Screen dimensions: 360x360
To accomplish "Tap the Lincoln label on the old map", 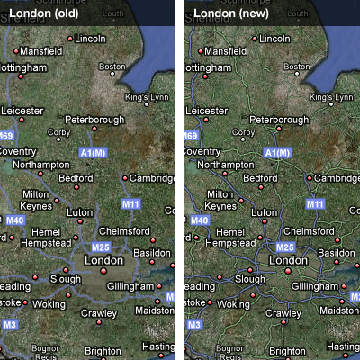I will click(90, 39).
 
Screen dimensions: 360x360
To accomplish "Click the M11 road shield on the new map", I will click(315, 204).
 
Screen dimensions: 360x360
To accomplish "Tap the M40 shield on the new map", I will click(199, 219).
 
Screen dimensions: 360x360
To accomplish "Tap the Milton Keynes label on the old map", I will click(35, 199).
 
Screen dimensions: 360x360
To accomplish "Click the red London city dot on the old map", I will click(103, 270).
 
